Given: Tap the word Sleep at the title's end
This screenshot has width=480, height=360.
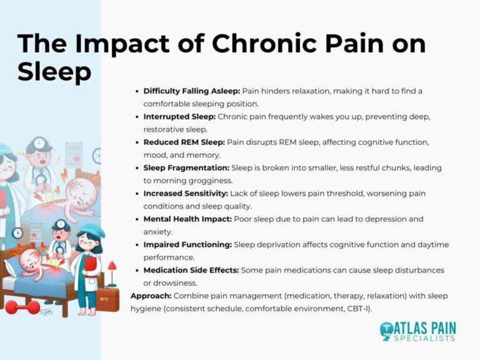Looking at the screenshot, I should [54, 72].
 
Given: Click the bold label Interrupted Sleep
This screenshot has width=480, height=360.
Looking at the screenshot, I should [180, 117].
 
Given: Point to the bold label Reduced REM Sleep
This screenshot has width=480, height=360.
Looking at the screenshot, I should [184, 142].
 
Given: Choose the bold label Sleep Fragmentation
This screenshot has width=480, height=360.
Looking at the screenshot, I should [186, 168].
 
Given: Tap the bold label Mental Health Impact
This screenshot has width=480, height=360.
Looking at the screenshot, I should [187, 219].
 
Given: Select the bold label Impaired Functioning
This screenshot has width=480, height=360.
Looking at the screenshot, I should [187, 245].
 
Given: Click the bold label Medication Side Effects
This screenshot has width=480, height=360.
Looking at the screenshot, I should [192, 270].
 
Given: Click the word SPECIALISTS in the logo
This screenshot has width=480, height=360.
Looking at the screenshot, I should [425, 338].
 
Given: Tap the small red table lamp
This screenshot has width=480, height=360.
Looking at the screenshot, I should [112, 269].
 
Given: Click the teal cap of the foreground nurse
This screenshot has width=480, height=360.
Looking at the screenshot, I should [90, 232].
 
